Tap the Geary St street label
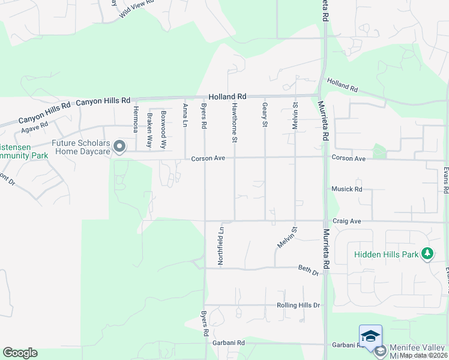point(265,115)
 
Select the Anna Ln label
point(185,115)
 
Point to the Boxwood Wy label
point(163,126)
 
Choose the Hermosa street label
point(136,119)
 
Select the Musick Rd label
point(347,189)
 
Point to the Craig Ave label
point(347,221)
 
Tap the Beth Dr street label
point(309,271)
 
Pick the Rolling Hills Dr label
point(299,305)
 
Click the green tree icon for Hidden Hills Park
point(427,254)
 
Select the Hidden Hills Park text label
point(386,254)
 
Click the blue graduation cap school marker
point(370,336)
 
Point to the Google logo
point(20,353)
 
